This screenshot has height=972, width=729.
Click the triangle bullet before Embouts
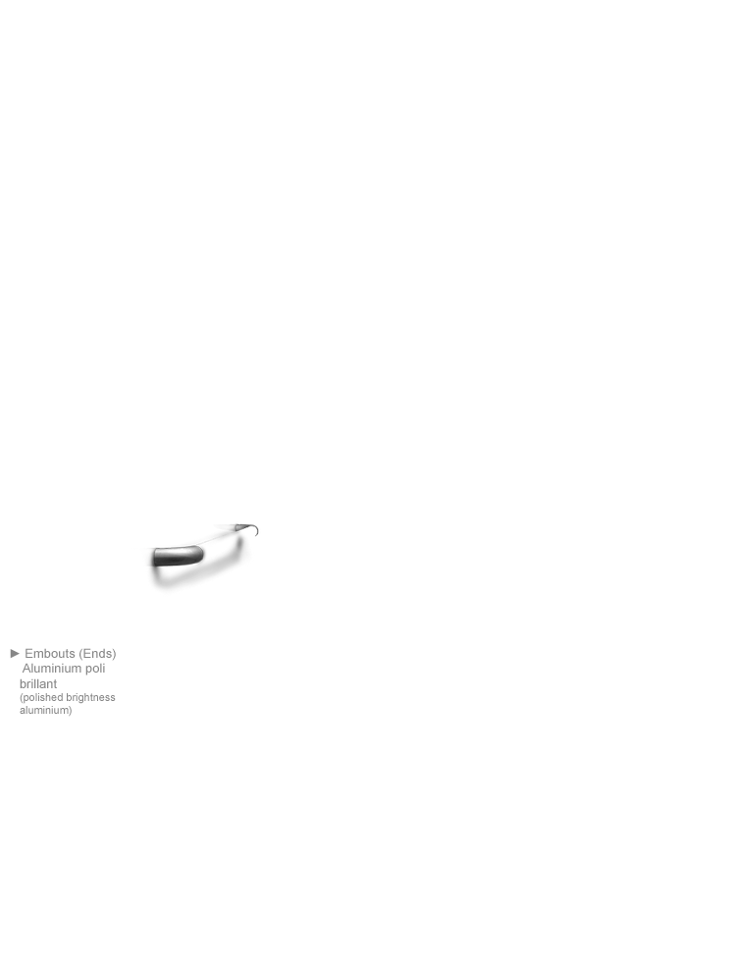click(15, 653)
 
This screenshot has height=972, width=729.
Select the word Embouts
click(50, 653)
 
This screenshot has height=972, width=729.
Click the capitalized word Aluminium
click(52, 669)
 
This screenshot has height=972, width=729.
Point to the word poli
click(95, 669)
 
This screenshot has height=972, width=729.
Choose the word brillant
click(38, 683)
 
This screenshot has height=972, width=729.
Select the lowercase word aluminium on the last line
click(44, 710)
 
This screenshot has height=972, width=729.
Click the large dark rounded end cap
click(178, 556)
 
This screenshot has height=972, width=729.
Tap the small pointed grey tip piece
click(242, 527)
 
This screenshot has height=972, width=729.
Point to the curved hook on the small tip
click(254, 529)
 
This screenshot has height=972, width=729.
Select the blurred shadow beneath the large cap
click(197, 572)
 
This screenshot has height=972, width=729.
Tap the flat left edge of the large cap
click(154, 558)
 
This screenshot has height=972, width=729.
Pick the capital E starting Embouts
click(28, 653)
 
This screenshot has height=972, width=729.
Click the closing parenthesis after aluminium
click(71, 711)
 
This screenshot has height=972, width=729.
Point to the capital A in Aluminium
click(26, 669)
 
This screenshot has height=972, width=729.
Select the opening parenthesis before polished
click(22, 698)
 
